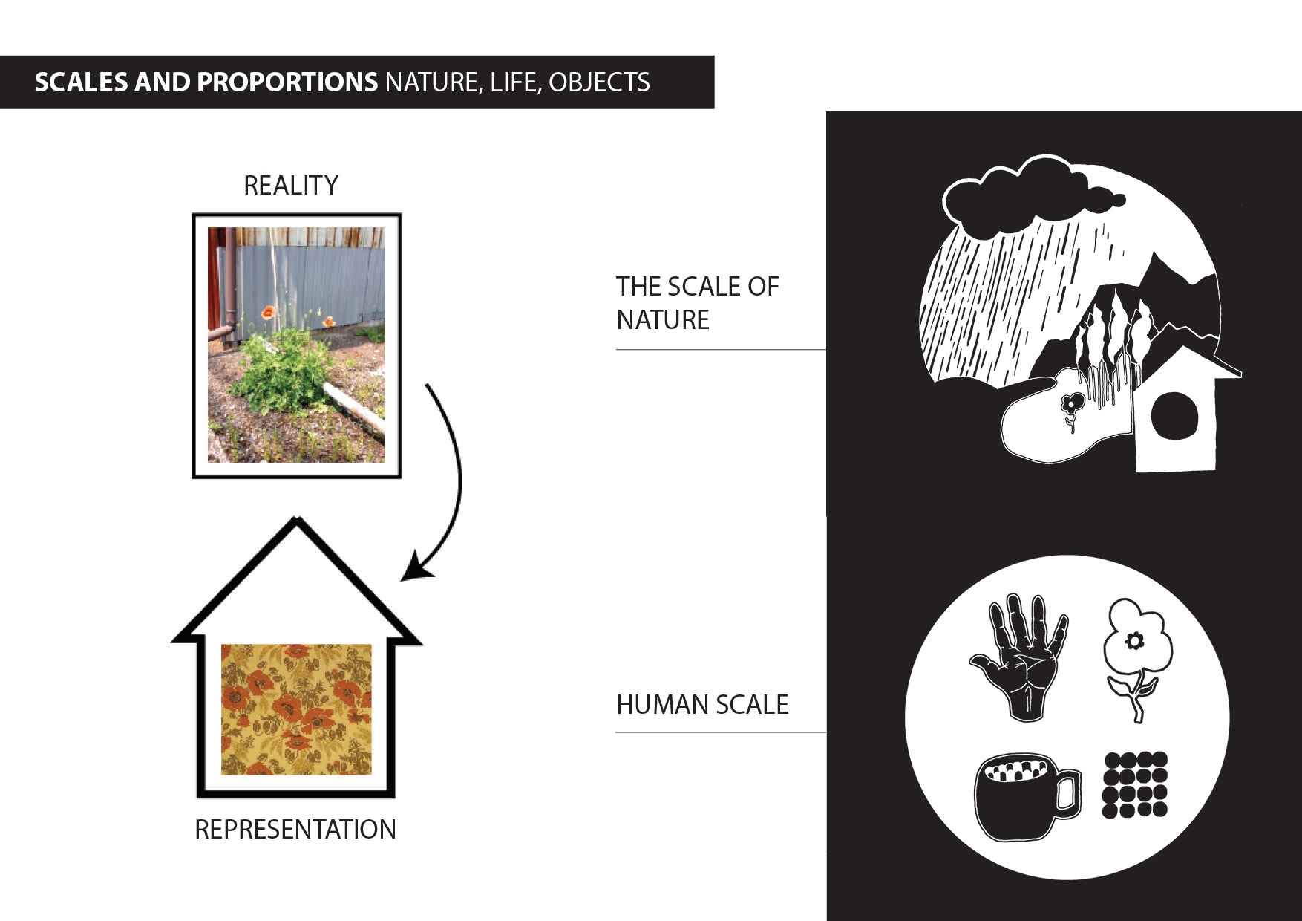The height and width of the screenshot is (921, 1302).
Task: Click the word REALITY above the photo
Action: point(291,186)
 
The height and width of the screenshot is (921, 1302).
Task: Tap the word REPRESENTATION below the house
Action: point(295,830)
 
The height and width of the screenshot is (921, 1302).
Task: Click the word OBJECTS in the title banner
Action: point(599,82)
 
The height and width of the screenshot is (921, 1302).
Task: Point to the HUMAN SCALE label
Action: point(702,705)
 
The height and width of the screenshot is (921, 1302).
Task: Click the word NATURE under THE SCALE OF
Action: point(663,320)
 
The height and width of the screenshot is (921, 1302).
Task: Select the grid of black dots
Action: point(1135,785)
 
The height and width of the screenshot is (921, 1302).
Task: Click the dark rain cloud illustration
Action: point(1024,195)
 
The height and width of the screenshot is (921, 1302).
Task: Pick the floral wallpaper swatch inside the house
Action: point(296,709)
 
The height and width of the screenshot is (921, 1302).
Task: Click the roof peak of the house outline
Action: point(297,522)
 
